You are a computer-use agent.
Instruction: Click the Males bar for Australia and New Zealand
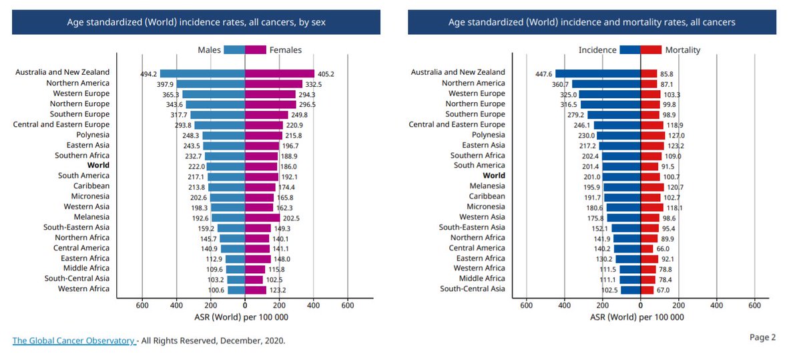(x=203, y=73)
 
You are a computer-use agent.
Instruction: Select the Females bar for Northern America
(x=274, y=83)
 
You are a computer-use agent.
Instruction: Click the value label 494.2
(x=148, y=73)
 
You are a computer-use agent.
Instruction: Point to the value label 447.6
(x=543, y=73)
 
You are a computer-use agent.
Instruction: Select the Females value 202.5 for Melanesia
(x=292, y=218)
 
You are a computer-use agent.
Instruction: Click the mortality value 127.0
(x=677, y=135)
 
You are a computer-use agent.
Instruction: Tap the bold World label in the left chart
(x=98, y=165)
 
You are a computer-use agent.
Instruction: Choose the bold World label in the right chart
(x=494, y=176)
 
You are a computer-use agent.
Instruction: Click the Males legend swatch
(x=234, y=49)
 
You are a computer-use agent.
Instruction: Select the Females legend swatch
(x=256, y=49)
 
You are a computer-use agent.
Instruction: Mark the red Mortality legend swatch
(x=651, y=49)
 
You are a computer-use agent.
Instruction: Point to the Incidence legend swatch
(x=629, y=49)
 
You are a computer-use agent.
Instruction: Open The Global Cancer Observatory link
(x=73, y=341)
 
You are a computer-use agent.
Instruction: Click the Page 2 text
(x=762, y=337)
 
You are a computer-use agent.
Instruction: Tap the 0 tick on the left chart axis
(x=245, y=305)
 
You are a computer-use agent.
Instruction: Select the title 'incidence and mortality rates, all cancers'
(x=591, y=22)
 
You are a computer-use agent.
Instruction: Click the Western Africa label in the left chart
(x=83, y=289)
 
